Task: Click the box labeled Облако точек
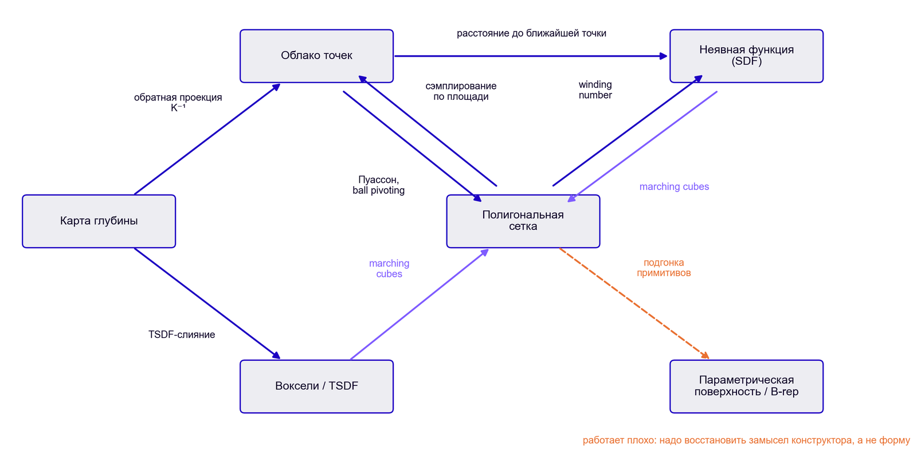coord(316,56)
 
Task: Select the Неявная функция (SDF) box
coord(746,56)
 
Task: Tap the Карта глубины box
coord(99,221)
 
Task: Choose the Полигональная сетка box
coord(523,221)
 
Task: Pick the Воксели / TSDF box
coord(316,387)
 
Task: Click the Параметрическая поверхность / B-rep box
coord(746,387)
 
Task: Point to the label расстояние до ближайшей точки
coord(531,33)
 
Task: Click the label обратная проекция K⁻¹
coord(178,103)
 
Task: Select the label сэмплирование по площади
coord(461,91)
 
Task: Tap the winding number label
coord(595,89)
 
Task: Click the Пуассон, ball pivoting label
coord(379,185)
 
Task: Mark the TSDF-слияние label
coord(181,334)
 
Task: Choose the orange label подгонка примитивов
coord(664,268)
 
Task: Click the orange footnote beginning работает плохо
coord(746,440)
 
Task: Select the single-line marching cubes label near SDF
coord(674,186)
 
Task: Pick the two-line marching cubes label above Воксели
coord(389,268)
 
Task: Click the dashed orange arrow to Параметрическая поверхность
coord(634,303)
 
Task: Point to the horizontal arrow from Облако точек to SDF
coord(531,56)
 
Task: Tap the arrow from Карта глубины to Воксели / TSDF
coord(207,303)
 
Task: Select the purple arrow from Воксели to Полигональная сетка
coord(420,304)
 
